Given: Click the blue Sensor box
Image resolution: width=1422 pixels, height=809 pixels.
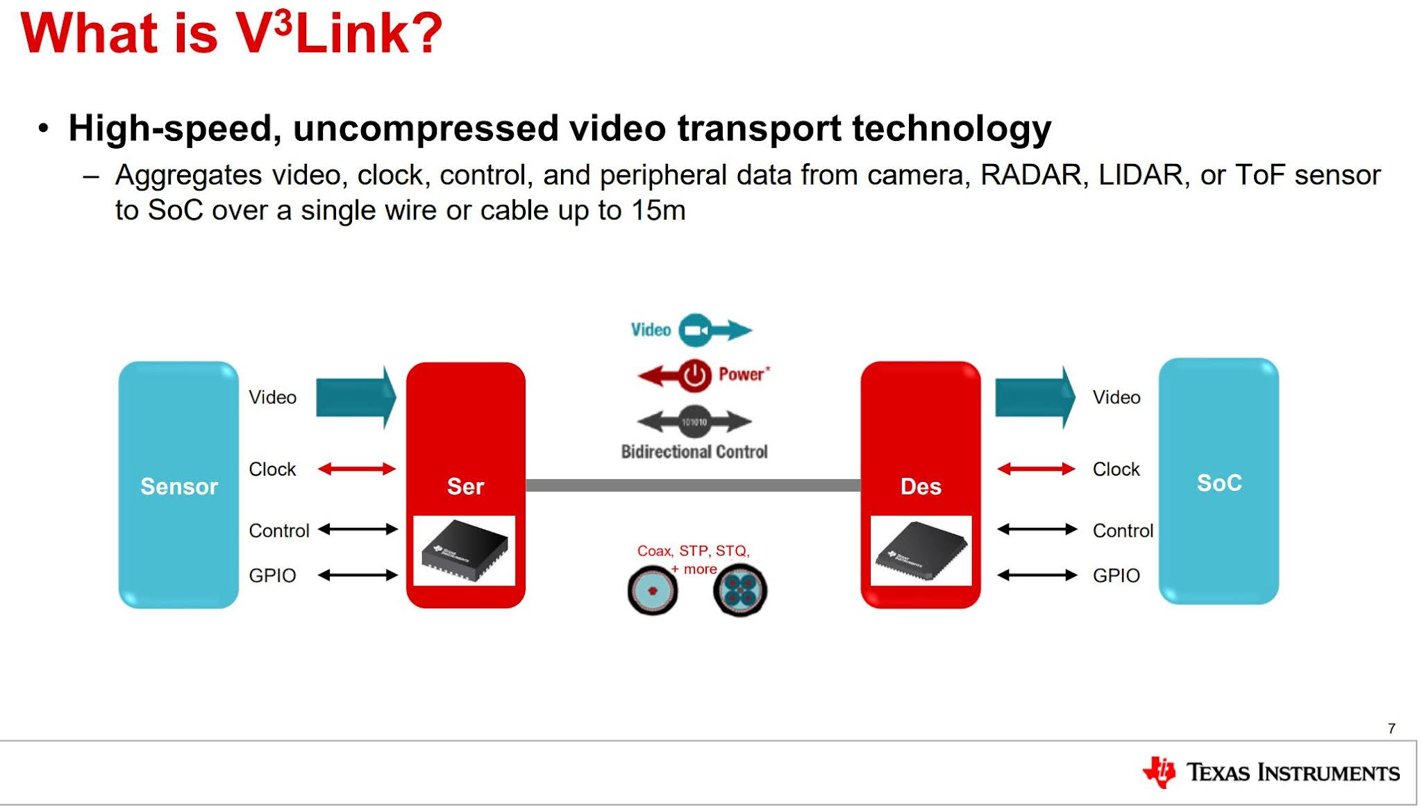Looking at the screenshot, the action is coord(178,485).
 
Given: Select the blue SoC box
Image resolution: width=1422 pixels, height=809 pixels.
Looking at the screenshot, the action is coord(1219,481).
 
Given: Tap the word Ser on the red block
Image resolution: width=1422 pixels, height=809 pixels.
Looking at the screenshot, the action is coord(465,486).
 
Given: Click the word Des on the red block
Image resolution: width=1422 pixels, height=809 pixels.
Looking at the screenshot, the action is coord(921,486).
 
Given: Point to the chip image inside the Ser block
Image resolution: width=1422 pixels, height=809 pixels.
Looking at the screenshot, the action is coord(465,550).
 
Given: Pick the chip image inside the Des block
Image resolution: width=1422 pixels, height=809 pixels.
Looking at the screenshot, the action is coord(921,551).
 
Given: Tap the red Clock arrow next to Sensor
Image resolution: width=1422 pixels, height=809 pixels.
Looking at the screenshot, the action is coord(356,469).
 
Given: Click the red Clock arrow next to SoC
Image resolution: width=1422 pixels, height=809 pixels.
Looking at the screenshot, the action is coord(1036,469).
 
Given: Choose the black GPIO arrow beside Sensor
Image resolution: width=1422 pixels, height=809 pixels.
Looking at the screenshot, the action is coord(358,575).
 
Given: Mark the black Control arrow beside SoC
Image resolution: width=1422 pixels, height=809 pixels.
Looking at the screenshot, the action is coord(1037,530).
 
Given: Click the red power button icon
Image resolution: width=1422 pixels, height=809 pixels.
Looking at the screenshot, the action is coord(694,376).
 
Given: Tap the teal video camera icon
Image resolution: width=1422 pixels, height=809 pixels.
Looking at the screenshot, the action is coord(695,331).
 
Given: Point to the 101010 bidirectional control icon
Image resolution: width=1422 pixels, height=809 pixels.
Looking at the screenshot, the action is coord(694,422).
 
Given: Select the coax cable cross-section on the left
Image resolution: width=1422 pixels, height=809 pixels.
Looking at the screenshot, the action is coord(652,591).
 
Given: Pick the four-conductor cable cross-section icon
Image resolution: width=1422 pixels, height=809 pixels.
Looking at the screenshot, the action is coord(740,591).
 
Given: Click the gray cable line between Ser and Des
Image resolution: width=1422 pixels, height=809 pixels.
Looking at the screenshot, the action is coord(693,485).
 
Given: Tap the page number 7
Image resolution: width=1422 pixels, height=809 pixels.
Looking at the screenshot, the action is coord(1391,728).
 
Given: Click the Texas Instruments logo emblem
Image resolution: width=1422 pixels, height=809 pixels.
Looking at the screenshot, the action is coord(1160,772).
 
